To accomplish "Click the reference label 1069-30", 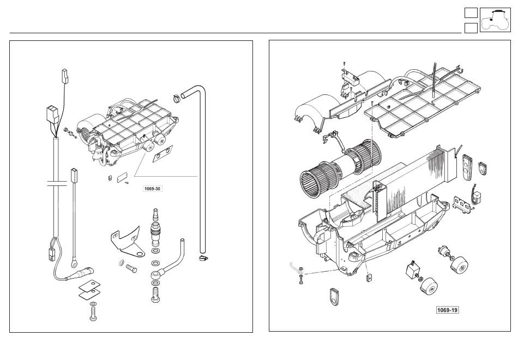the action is (153, 188).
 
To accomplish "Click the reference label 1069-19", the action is (448, 310).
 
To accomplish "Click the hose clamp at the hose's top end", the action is (177, 98).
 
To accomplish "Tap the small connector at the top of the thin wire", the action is (65, 76).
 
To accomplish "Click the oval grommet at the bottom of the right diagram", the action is (334, 296).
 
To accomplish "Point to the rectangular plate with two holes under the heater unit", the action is (162, 154).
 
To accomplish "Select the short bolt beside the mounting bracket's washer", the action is (131, 268).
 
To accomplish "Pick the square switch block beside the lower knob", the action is (413, 269).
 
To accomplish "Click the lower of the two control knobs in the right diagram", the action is (429, 286).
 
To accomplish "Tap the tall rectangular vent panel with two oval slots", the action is (467, 167).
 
